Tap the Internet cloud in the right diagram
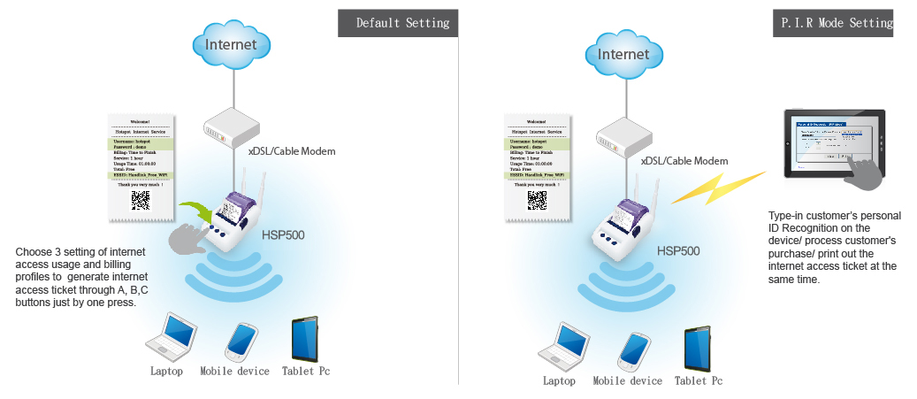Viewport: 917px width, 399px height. click(623, 53)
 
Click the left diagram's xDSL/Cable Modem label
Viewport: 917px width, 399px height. click(292, 152)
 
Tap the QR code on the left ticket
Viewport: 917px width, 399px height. click(141, 200)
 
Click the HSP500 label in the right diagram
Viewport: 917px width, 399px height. click(677, 251)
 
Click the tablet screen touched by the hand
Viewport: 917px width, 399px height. click(832, 143)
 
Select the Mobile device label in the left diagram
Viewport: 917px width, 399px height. click(234, 372)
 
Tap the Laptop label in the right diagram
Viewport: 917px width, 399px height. click(559, 381)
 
